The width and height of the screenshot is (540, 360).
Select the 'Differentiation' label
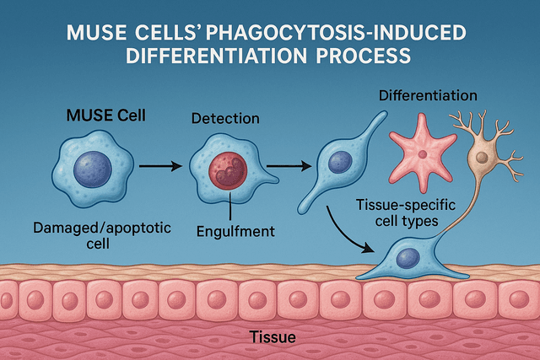click(x=429, y=95)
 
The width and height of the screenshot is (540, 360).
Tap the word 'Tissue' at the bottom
click(x=273, y=338)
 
